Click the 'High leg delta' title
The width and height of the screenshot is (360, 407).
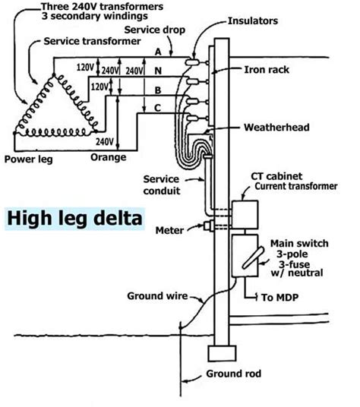[x=73, y=219]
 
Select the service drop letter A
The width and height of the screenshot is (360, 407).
[x=156, y=52]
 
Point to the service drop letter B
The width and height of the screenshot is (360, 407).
[x=156, y=92]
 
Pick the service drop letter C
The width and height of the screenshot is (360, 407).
[x=156, y=107]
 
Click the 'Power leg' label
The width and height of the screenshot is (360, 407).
[x=27, y=159]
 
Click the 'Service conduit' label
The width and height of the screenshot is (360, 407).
[x=161, y=185]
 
